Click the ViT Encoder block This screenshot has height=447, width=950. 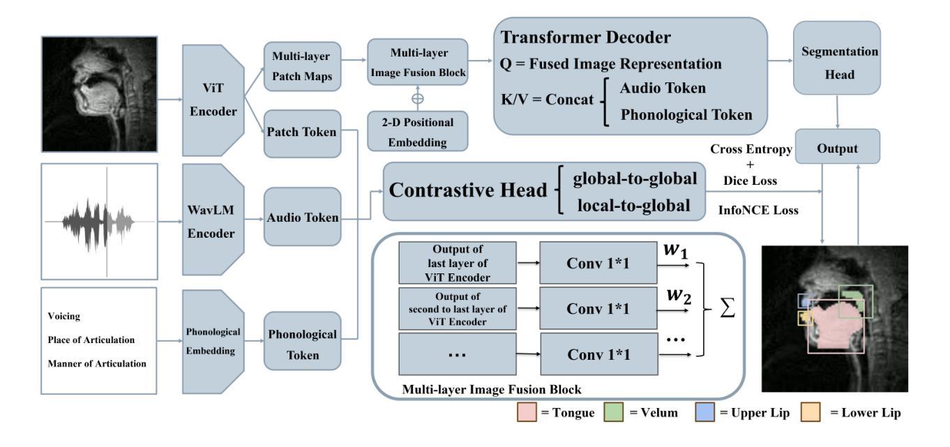212,100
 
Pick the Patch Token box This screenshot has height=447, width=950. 301,130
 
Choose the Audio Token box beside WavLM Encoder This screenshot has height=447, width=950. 301,218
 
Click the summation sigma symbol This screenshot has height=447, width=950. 728,308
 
